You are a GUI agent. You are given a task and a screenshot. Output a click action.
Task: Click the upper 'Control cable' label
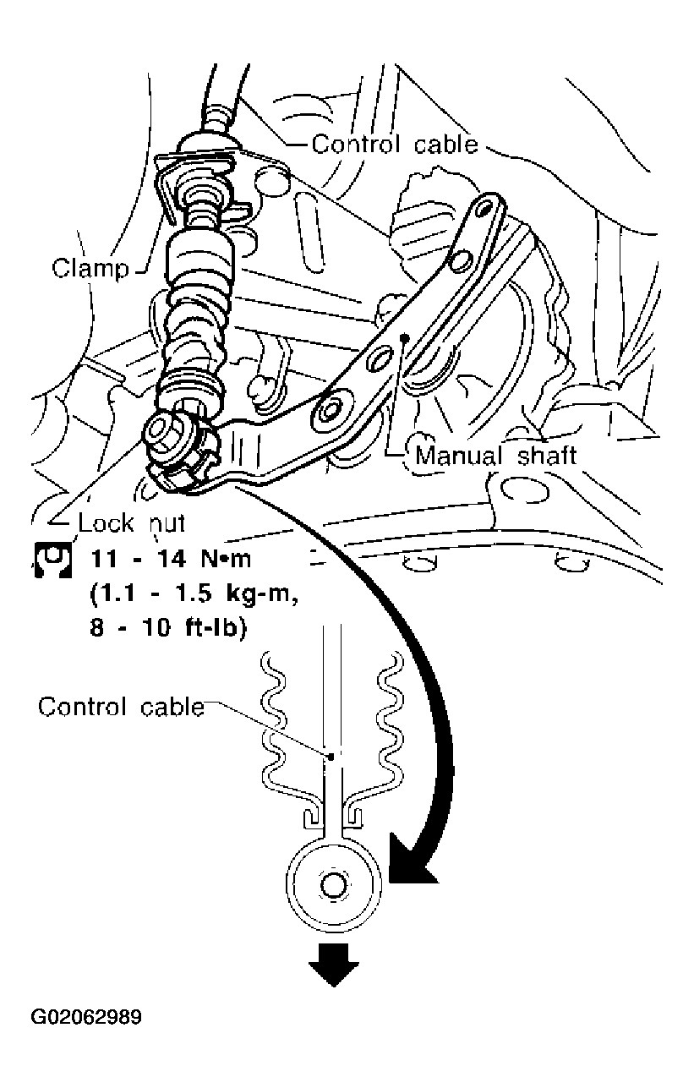[394, 145]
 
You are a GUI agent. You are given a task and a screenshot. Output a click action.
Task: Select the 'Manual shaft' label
[495, 456]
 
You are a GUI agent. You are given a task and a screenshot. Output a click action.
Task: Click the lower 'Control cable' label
[121, 706]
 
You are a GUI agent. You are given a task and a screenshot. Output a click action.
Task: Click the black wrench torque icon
[50, 560]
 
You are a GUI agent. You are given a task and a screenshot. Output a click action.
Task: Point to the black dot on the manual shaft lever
[405, 336]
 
